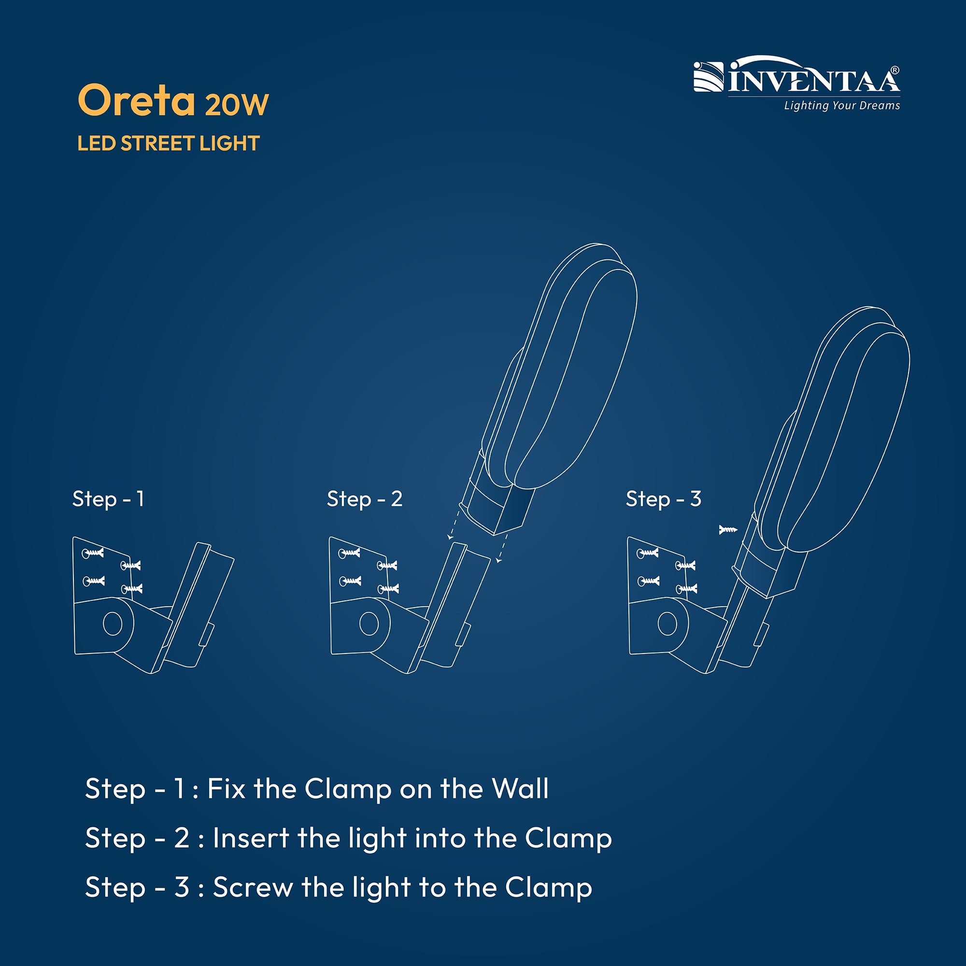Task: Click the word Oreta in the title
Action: (x=137, y=100)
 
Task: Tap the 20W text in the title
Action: (x=237, y=104)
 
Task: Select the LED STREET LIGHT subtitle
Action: (x=169, y=143)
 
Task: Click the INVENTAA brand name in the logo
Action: (x=814, y=80)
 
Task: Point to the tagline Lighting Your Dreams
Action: (x=842, y=105)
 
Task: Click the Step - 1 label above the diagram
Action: (x=109, y=499)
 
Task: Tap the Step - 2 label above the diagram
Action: (x=365, y=499)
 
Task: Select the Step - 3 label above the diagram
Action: (x=664, y=499)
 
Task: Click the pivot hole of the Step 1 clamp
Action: (x=113, y=623)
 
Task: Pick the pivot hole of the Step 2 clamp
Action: (x=369, y=624)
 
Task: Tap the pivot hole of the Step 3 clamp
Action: (x=668, y=624)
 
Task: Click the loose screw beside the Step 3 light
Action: (x=728, y=529)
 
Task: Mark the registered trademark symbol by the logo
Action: (x=895, y=70)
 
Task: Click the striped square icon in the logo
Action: (x=709, y=77)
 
